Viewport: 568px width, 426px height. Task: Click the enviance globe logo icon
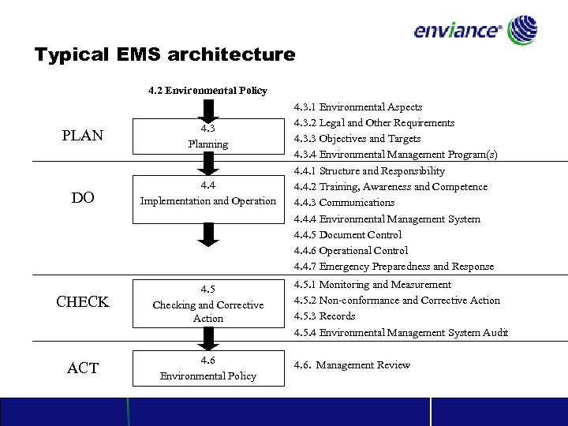point(523,32)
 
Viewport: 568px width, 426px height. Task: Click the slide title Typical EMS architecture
point(165,55)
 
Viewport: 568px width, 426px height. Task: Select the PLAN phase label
point(82,136)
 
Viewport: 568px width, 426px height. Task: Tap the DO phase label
point(83,198)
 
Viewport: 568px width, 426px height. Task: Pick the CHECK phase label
point(82,302)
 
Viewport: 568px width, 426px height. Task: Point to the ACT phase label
point(83,368)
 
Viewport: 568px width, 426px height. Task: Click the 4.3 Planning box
point(208,136)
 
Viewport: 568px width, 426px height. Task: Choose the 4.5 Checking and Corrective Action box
point(208,305)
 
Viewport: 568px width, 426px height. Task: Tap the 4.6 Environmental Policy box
point(208,368)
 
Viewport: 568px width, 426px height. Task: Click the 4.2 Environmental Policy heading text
point(207,91)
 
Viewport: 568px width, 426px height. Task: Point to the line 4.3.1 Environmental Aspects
point(358,106)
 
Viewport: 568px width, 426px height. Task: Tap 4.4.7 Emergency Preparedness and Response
point(394,267)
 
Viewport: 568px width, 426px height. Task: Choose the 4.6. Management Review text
point(352,365)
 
